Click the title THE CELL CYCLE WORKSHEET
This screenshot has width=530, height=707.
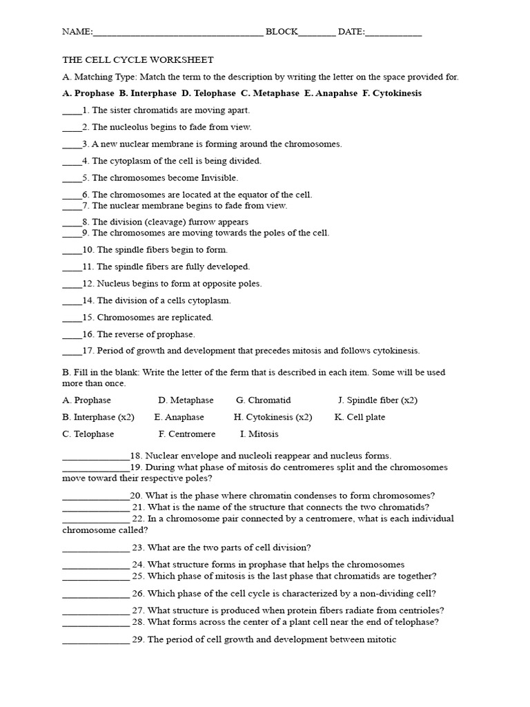138,60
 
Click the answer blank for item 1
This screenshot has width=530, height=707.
72,111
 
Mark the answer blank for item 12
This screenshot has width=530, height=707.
72,284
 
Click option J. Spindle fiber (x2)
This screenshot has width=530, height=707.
377,400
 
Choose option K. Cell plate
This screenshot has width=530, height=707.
360,417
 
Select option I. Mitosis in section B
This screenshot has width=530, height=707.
259,434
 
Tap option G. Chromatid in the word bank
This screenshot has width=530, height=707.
263,400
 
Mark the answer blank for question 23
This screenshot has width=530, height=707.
95,548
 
